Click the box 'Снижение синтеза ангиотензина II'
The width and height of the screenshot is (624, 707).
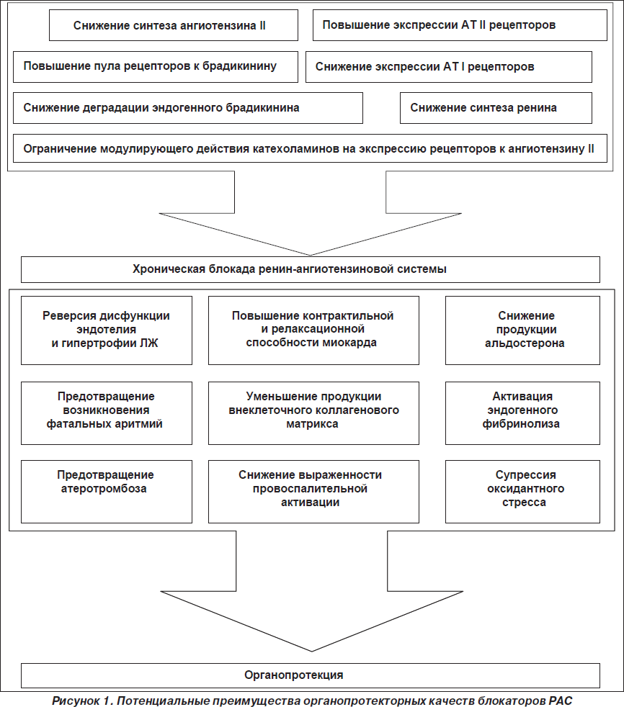click(x=174, y=25)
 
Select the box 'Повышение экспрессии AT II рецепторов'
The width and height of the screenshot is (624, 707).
click(x=460, y=25)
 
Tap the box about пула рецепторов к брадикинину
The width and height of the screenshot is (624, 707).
click(x=156, y=67)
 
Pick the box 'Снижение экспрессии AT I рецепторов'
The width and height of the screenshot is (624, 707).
click(x=448, y=67)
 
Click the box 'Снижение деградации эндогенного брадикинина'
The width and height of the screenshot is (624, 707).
click(x=188, y=108)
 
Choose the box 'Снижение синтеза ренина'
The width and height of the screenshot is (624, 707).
click(x=496, y=108)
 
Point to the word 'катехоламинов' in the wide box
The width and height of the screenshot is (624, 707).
click(x=295, y=149)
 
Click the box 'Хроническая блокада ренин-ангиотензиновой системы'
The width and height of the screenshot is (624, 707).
click(x=311, y=270)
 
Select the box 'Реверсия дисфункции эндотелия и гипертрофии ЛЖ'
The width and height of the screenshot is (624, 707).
click(x=107, y=330)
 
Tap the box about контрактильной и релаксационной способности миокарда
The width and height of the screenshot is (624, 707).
click(x=313, y=330)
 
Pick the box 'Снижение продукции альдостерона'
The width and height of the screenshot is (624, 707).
click(x=522, y=330)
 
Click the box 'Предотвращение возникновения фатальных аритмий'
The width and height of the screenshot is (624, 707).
click(x=107, y=413)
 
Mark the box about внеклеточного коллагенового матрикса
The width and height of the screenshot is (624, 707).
click(x=313, y=413)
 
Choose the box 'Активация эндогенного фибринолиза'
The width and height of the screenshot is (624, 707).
click(x=522, y=413)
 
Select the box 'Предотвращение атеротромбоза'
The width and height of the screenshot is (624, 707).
click(x=107, y=492)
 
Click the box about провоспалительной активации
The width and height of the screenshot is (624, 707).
click(x=313, y=492)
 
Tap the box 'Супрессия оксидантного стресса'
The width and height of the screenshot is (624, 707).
click(x=522, y=492)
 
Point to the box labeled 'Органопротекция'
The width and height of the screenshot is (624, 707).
click(x=311, y=675)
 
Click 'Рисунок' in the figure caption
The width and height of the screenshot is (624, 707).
click(x=76, y=701)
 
